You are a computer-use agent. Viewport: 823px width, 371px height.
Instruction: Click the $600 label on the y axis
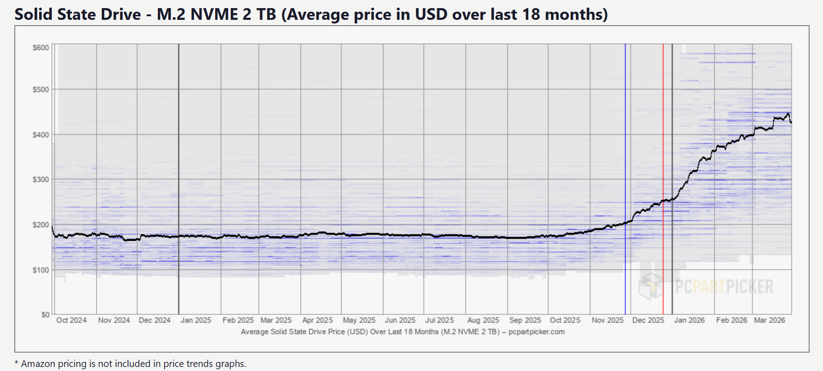[41, 48]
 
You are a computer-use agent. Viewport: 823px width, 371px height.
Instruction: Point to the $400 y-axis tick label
[41, 135]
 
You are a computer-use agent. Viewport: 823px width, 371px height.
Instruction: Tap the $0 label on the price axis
[45, 315]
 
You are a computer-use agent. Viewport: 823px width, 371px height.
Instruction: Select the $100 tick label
[41, 270]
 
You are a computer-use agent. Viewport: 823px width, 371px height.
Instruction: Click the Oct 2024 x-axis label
[71, 320]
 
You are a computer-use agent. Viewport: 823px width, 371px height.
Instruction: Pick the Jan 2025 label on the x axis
[196, 320]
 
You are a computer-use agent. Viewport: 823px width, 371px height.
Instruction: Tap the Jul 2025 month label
[439, 320]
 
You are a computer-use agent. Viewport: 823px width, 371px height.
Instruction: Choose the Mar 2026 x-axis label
[769, 320]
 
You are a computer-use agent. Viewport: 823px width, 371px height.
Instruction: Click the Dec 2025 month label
[648, 320]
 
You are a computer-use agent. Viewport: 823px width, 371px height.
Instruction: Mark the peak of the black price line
[788, 114]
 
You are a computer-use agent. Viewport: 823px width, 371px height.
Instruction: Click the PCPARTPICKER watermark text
[724, 287]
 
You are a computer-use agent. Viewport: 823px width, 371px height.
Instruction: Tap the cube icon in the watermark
[650, 286]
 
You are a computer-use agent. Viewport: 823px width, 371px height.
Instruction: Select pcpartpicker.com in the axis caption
[536, 332]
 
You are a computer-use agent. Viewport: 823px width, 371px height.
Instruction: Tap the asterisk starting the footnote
[17, 363]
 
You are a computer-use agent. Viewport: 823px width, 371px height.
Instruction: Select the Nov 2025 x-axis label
[608, 320]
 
